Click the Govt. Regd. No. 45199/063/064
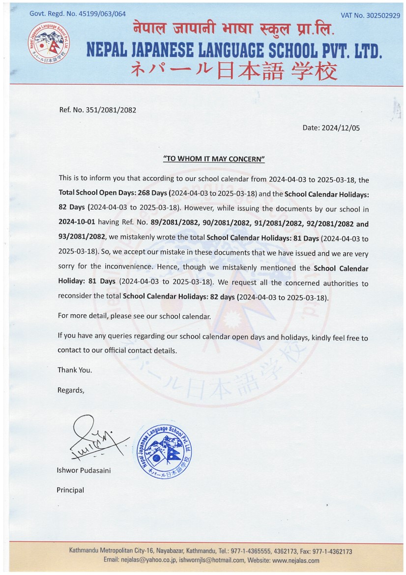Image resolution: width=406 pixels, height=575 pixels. coord(78,14)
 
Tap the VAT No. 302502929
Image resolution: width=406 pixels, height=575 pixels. coord(370,15)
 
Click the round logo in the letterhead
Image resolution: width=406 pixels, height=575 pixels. coord(48,42)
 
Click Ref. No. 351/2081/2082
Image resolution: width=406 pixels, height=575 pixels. coord(97,110)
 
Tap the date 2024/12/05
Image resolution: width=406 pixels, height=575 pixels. coord(341,128)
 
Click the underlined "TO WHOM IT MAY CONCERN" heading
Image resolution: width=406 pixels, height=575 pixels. coord(214,159)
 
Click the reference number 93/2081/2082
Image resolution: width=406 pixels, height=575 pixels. coord(82,237)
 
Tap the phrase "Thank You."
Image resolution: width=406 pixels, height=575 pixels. coord(75,369)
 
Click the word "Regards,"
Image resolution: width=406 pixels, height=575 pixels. coord(71,390)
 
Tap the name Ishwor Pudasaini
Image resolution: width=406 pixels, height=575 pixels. coord(84,470)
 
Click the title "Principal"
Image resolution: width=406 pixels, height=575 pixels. coord(70,490)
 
